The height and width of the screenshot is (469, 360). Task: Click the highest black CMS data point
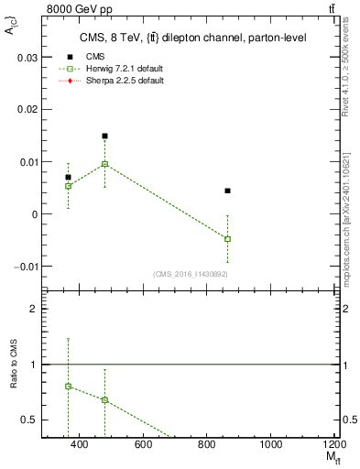click(105, 136)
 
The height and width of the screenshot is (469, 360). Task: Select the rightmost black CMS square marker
click(228, 191)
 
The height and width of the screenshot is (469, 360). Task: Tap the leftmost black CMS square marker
click(68, 177)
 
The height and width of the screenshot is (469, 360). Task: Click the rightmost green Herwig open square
click(228, 239)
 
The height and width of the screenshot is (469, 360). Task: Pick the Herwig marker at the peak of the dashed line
click(105, 164)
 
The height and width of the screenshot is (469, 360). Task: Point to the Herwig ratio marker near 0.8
click(68, 387)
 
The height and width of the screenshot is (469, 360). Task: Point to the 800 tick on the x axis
click(206, 444)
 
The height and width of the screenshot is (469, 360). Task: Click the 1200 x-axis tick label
click(333, 444)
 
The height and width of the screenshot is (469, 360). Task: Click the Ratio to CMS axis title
click(14, 364)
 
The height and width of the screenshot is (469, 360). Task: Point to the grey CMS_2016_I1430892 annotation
click(191, 274)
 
